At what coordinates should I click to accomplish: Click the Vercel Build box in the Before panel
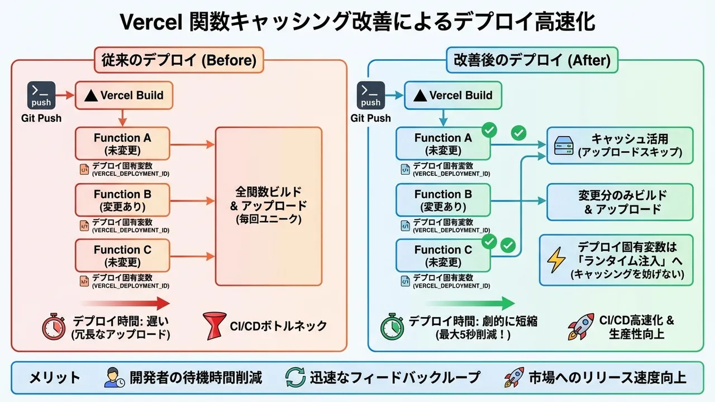pyautogui.click(x=123, y=95)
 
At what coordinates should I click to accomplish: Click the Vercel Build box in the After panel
pyautogui.click(x=452, y=95)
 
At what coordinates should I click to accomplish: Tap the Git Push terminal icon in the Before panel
pyautogui.click(x=41, y=95)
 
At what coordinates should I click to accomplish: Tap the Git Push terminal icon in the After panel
pyautogui.click(x=370, y=95)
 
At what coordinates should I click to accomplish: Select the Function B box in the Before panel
pyautogui.click(x=122, y=200)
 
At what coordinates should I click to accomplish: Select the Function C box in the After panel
pyautogui.click(x=443, y=256)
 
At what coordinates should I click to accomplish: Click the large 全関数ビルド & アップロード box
pyautogui.click(x=269, y=207)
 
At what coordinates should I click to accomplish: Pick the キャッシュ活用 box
pyautogui.click(x=619, y=145)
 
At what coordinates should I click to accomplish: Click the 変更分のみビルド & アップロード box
pyautogui.click(x=619, y=202)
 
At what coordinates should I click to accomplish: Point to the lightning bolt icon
pyautogui.click(x=556, y=260)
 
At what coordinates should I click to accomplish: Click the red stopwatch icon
pyautogui.click(x=54, y=327)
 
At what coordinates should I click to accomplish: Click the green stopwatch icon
pyautogui.click(x=392, y=327)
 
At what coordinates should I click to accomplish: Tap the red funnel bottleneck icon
pyautogui.click(x=214, y=326)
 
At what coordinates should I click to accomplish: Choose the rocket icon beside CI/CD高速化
pyautogui.click(x=580, y=327)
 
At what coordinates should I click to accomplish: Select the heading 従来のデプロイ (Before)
pyautogui.click(x=179, y=60)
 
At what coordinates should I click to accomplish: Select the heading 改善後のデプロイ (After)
pyautogui.click(x=532, y=60)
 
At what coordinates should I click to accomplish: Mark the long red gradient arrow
pyautogui.click(x=125, y=304)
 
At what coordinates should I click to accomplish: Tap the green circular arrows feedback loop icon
pyautogui.click(x=295, y=377)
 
